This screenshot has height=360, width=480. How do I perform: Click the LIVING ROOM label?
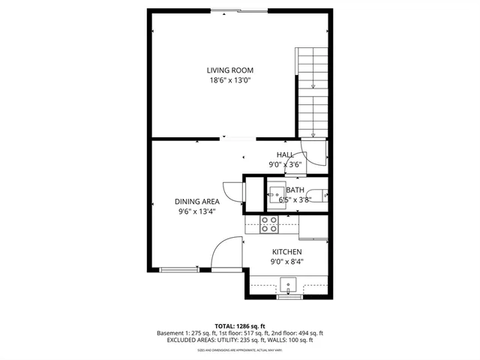coord(229,70)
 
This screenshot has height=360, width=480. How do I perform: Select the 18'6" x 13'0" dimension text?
coord(229,80)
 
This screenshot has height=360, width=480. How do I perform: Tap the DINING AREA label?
coord(196,201)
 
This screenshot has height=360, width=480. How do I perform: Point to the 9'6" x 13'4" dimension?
coord(196,211)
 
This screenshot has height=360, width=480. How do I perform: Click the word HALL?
coord(285,154)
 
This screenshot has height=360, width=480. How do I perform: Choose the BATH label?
coord(295,190)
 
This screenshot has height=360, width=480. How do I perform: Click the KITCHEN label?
coord(286,252)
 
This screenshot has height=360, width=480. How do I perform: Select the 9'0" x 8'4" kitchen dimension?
coord(286,262)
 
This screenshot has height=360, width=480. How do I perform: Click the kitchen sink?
coord(288,286)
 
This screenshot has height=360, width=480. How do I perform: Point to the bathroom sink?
coord(275,194)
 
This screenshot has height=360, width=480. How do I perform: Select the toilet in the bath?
coord(321,196)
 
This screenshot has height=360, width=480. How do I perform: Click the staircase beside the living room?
coord(313,90)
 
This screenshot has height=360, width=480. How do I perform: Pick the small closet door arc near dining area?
coord(232,191)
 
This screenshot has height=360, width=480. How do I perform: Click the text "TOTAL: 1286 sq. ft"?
coord(240,325)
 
